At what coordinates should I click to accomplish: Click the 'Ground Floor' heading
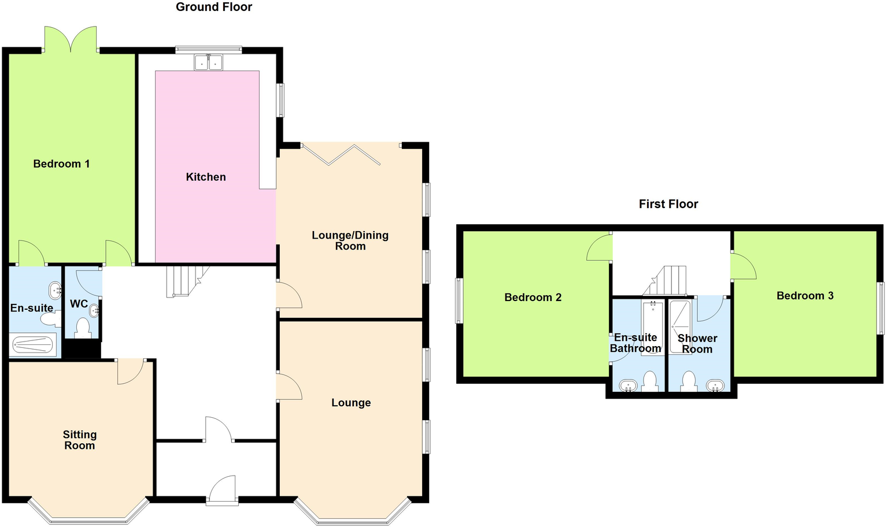point(214,8)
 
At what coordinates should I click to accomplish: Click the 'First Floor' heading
point(668,204)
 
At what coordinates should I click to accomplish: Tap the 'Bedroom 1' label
point(61,164)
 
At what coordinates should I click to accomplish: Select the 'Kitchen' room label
point(206,177)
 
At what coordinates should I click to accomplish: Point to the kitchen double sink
point(208,62)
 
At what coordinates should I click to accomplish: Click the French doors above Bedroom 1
point(70,39)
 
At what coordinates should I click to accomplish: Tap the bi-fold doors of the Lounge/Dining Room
point(350,154)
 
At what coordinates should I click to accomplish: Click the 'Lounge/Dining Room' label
point(350,240)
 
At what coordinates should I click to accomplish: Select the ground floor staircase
point(185,281)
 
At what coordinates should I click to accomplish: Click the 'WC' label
point(79,304)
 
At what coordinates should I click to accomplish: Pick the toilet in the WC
point(83,328)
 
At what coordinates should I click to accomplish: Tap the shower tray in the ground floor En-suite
point(34,345)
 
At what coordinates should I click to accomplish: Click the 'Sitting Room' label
point(80,440)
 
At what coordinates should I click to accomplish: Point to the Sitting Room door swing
point(130,371)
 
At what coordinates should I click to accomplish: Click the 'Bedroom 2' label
point(533,298)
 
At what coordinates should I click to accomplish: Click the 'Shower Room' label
point(697,344)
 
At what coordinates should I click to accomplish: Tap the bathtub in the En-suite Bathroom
point(653,328)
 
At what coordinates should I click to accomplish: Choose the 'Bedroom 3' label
point(805,296)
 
